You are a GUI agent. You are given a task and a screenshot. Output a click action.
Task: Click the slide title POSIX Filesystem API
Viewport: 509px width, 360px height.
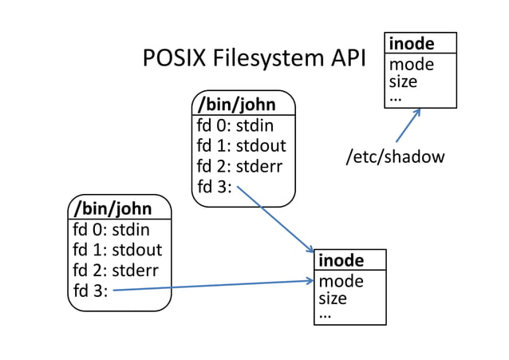click(254, 59)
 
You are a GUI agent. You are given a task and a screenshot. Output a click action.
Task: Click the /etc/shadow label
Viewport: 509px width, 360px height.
click(394, 156)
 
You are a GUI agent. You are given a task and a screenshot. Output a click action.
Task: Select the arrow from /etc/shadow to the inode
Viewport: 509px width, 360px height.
click(408, 125)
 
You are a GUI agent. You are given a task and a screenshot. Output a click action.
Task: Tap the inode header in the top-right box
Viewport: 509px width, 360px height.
click(411, 43)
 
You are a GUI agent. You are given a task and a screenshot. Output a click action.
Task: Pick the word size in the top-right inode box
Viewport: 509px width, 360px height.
click(403, 81)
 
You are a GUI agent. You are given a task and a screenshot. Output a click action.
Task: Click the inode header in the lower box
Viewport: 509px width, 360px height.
click(341, 260)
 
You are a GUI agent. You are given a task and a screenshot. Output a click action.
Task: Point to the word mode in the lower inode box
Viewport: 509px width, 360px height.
click(341, 280)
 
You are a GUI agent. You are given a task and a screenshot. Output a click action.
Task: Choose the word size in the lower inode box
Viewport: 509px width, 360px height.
click(333, 298)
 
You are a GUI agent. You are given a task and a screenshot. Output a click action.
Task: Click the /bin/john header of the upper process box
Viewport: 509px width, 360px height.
click(236, 104)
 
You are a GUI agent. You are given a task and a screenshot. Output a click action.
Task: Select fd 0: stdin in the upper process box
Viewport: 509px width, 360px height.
click(235, 125)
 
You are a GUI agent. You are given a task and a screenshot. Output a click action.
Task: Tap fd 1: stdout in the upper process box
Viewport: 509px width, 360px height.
click(241, 146)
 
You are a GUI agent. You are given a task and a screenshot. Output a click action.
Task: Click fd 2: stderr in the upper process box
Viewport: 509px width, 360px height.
click(239, 167)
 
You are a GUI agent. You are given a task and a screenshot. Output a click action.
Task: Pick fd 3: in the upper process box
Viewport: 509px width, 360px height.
click(214, 188)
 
